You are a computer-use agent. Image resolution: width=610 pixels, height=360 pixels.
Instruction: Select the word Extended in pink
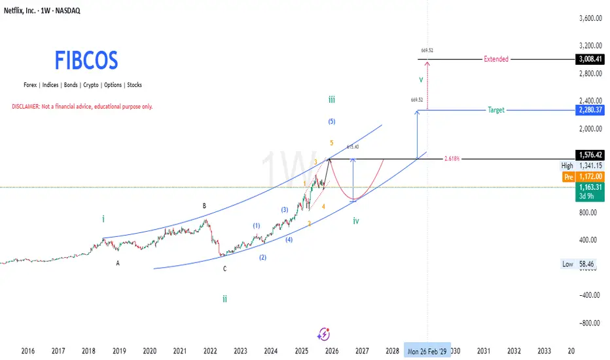[495, 59]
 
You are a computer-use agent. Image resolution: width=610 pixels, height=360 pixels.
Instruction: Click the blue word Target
[496, 110]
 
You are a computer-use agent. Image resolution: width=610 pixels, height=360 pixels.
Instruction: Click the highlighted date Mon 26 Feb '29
[427, 351]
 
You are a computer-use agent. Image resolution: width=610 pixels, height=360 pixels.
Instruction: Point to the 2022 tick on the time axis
[210, 351]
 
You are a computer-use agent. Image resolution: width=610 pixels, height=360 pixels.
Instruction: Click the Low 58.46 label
[576, 264]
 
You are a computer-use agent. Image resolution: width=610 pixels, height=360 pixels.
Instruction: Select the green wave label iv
[356, 221]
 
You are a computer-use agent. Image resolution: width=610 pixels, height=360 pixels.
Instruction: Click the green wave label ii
[224, 298]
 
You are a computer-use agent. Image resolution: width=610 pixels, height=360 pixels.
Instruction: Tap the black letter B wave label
[204, 206]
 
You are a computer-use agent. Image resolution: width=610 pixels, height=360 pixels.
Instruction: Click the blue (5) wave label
[331, 121]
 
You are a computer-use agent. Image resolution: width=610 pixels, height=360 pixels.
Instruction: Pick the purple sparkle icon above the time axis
[323, 333]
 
